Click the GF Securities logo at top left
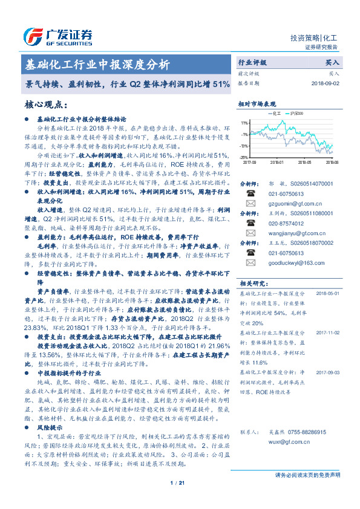[x=57, y=36]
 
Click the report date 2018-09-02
[x=326, y=83]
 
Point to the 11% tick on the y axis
[x=244, y=123]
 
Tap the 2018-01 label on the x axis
[x=277, y=162]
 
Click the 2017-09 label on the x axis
[x=249, y=162]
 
